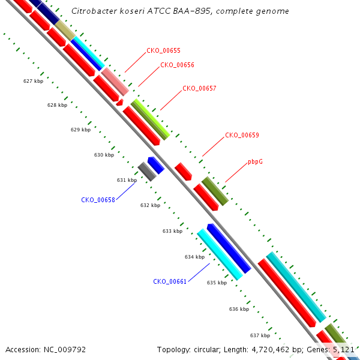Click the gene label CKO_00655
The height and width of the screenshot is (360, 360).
tap(163, 51)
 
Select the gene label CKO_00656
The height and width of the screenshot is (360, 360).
tap(177, 65)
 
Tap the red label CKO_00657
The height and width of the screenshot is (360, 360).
tap(200, 88)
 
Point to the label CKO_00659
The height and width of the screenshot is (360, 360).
tap(242, 135)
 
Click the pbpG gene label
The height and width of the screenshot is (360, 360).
tap(256, 161)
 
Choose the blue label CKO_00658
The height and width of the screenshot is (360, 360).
tap(98, 200)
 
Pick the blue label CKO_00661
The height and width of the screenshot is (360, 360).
tap(170, 282)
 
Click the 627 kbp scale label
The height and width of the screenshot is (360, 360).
tap(33, 81)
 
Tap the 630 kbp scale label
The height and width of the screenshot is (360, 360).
tap(104, 155)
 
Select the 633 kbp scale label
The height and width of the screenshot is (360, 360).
tap(172, 231)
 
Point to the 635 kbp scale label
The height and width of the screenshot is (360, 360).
tap(217, 283)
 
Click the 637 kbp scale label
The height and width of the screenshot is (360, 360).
tap(260, 335)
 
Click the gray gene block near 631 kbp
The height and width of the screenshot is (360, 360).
tap(147, 172)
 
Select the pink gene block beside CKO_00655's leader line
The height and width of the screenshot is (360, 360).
tap(115, 82)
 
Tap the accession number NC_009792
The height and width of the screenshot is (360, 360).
tap(65, 350)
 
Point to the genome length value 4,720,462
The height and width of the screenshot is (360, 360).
tap(271, 350)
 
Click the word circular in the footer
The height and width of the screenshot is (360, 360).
tap(206, 350)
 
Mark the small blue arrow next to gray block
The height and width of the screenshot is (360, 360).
tap(156, 165)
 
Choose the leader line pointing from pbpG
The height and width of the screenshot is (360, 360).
tap(236, 173)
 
